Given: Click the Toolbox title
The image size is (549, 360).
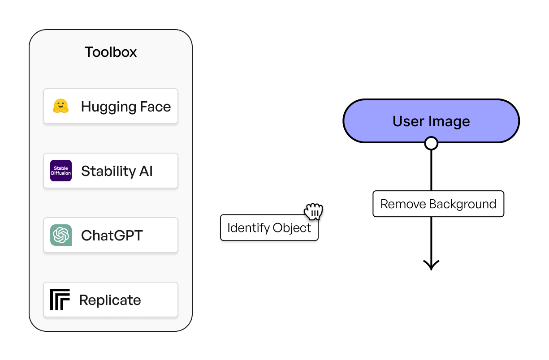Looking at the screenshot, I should coord(111,52).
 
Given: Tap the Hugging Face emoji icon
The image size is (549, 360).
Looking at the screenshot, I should coord(61,106).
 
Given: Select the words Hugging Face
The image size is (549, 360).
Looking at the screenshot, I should coord(126,107).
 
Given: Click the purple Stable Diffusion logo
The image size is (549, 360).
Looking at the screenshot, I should coord(61,171).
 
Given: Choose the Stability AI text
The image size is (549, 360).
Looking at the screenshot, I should coord(117,171).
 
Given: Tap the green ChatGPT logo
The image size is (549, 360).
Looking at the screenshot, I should coord(61,235).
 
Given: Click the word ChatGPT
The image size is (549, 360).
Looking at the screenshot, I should coord(112,236).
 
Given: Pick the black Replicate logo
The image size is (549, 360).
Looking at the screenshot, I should coord(60,300).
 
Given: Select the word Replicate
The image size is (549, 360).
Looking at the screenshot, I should coord(110,300).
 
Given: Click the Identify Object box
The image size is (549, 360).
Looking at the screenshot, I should coord(269,228).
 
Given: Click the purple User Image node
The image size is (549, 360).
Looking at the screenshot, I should coord(431,121).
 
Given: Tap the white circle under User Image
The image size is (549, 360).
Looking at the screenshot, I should coord(431,143).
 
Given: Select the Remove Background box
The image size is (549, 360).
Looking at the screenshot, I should coord(438,204).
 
